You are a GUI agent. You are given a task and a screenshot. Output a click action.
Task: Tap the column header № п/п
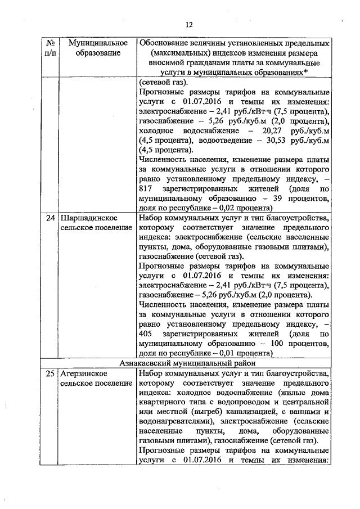[51, 48]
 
